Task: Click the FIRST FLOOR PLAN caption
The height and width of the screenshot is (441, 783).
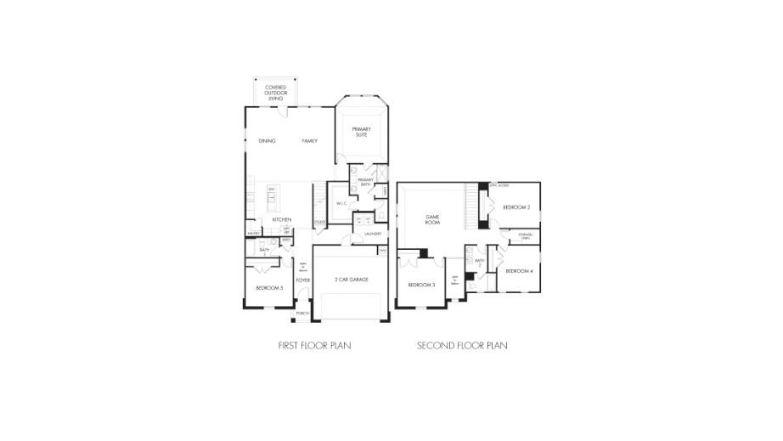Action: [314, 346]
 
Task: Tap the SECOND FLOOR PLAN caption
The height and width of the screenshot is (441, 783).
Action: [462, 346]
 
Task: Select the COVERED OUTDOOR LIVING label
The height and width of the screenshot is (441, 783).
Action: [274, 93]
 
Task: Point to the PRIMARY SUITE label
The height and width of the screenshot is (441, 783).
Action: [362, 131]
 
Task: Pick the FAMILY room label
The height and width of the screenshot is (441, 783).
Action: [309, 140]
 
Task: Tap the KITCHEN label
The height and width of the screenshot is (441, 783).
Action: [282, 220]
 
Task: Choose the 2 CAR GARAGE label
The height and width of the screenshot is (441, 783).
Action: [351, 279]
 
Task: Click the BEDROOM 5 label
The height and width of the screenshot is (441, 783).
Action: [269, 289]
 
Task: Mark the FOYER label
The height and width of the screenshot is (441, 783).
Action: [302, 280]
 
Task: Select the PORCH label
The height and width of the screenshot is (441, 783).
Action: [302, 314]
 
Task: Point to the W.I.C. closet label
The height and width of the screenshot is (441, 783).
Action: [340, 204]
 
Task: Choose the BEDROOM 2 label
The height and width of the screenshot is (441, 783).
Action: [516, 207]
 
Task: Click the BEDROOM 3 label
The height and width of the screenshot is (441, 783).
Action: [421, 285]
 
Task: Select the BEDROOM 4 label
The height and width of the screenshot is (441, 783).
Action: [519, 271]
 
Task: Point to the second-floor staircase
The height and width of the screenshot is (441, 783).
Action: [471, 205]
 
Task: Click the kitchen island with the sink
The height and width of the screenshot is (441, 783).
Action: [273, 198]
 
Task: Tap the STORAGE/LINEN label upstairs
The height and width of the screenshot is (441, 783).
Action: [525, 236]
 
